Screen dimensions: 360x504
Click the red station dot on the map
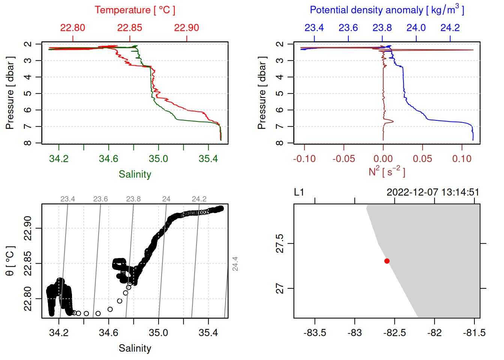(x=387, y=261)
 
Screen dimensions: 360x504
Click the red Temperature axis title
(x=135, y=10)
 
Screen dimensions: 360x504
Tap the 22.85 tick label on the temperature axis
(x=129, y=28)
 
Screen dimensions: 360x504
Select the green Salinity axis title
(x=135, y=174)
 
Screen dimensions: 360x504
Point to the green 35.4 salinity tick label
(x=208, y=159)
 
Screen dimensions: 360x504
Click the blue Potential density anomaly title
(x=387, y=10)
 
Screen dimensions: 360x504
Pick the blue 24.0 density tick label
(x=416, y=28)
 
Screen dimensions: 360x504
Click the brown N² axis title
(x=387, y=171)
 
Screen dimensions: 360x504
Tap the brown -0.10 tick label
(x=304, y=159)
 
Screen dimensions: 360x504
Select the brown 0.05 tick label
(x=422, y=159)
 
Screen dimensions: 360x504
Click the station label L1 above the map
(x=299, y=192)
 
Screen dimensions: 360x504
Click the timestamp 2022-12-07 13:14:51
(x=433, y=192)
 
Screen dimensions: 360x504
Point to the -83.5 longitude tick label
(x=315, y=333)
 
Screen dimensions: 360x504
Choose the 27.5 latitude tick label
(x=280, y=243)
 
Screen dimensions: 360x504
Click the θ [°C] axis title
(x=10, y=261)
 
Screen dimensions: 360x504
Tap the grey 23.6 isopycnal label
(x=100, y=199)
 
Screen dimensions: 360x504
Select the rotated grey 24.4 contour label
(x=235, y=264)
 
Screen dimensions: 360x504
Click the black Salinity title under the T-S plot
(x=135, y=348)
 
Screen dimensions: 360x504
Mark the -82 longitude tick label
(x=435, y=333)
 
